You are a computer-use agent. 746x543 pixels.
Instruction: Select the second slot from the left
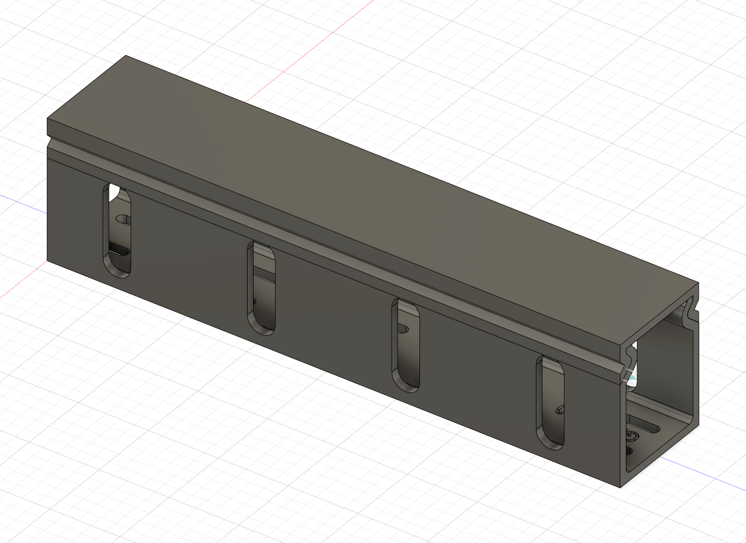[261, 288]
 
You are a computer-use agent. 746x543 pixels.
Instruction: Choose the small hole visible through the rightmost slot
[560, 409]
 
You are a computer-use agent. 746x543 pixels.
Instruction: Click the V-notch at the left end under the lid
[49, 142]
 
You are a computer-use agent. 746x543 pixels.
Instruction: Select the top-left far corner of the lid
[126, 56]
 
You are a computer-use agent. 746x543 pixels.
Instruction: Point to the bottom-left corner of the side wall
[48, 260]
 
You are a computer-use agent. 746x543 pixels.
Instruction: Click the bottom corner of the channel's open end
[620, 487]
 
